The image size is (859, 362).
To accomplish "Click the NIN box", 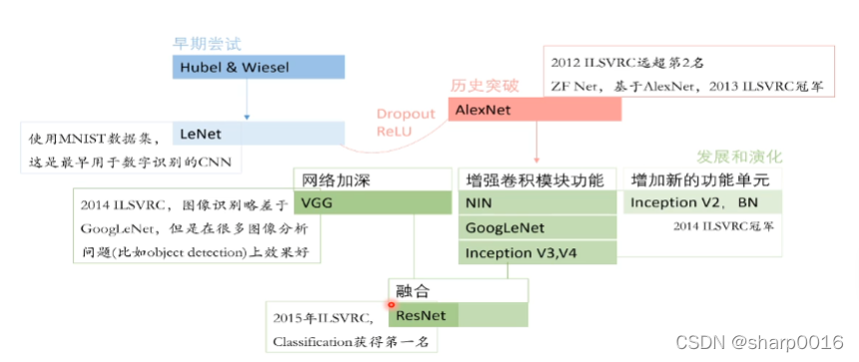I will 538,202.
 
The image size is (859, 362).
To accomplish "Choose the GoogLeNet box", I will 538,227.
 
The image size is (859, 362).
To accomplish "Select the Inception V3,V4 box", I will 538,253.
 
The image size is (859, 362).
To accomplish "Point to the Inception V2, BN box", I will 703,202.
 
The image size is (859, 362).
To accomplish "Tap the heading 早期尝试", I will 208,44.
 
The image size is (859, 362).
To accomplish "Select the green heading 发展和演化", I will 739,158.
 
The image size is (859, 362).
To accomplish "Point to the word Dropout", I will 406,115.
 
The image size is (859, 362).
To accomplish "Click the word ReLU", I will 393,132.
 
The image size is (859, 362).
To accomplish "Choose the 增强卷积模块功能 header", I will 535,181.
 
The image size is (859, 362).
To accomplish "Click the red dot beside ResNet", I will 391,304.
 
